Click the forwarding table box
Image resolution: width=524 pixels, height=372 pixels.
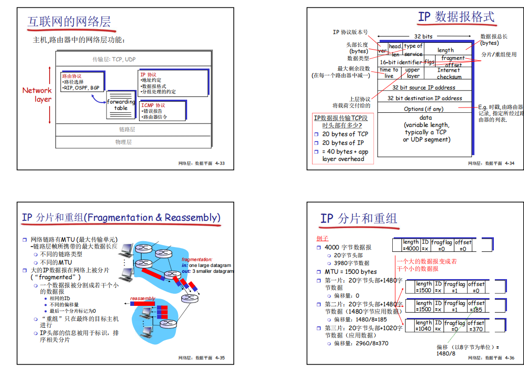(x=121, y=105)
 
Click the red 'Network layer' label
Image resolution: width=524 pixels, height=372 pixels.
(x=37, y=94)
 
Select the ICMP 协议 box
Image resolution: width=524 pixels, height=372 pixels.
(x=162, y=111)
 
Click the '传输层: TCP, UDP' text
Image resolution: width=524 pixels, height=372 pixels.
(x=114, y=59)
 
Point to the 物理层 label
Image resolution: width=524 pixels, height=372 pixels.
(x=123, y=142)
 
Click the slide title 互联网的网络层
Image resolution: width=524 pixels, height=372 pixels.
(x=69, y=21)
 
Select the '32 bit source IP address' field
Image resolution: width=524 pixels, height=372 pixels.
(x=424, y=88)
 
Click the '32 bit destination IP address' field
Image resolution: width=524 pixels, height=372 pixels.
(x=424, y=98)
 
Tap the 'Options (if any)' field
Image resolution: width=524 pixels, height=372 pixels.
(x=423, y=109)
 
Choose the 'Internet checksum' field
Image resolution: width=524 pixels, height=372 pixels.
(x=449, y=73)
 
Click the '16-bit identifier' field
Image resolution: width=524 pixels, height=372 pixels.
(x=401, y=62)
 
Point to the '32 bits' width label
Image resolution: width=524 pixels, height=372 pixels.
(x=423, y=36)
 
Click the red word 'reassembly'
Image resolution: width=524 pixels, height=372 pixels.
(x=142, y=298)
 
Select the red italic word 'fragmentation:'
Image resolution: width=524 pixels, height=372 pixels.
(x=197, y=260)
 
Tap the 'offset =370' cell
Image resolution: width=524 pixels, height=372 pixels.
(x=476, y=326)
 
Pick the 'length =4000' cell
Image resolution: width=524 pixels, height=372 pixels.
(x=411, y=246)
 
